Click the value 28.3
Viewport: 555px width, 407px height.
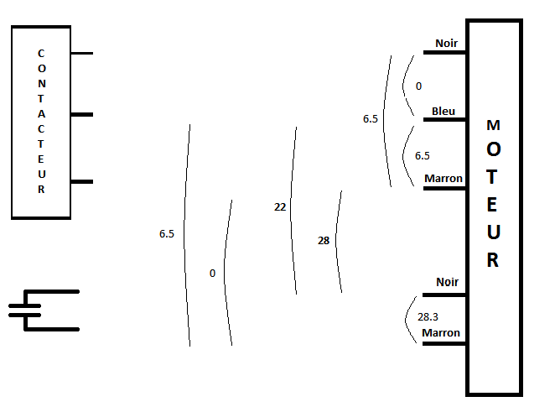click(x=427, y=317)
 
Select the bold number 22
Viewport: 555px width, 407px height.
click(x=280, y=206)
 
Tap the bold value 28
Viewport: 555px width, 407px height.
click(x=324, y=241)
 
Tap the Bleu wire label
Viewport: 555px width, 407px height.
click(x=443, y=111)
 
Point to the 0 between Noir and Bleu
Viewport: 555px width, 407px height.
click(x=418, y=86)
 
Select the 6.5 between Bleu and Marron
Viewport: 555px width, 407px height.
click(x=423, y=155)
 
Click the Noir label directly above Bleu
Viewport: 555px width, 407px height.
click(x=446, y=43)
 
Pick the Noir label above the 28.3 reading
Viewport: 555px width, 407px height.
click(x=447, y=282)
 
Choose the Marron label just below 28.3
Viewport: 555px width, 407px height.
click(x=441, y=333)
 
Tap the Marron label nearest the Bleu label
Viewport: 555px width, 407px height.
click(x=443, y=179)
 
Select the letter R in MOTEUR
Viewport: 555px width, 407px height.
click(x=493, y=260)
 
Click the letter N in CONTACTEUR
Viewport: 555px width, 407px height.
click(x=41, y=84)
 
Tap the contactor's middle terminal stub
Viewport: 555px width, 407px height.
click(x=82, y=114)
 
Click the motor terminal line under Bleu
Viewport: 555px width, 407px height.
click(x=444, y=120)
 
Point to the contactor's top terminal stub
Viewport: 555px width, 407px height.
click(x=82, y=54)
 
